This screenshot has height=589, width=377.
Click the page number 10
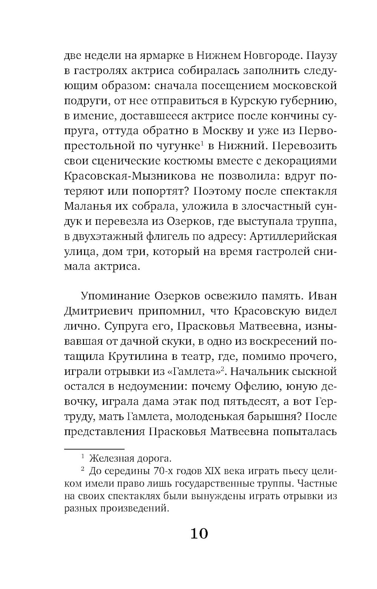[199, 534]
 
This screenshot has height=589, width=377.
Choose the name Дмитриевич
[99, 311]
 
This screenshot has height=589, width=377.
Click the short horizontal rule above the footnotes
[94, 449]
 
